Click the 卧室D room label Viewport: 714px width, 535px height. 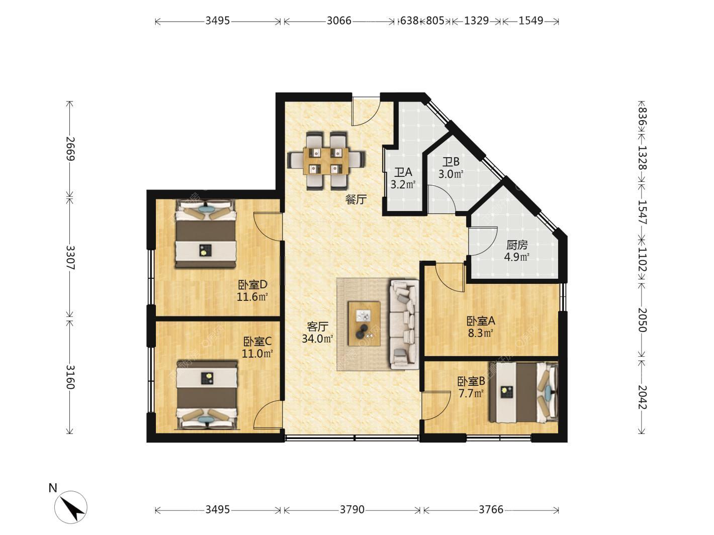(x=252, y=285)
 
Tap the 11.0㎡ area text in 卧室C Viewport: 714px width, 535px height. (x=257, y=354)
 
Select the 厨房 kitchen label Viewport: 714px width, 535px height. (x=517, y=245)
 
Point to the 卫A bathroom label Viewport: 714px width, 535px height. (x=403, y=172)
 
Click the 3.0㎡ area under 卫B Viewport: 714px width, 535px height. (x=451, y=174)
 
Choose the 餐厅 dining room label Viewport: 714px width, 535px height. (x=356, y=199)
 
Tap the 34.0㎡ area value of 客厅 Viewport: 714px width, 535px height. (x=317, y=339)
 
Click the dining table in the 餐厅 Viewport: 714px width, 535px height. (x=326, y=160)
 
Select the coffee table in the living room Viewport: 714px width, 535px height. (x=364, y=324)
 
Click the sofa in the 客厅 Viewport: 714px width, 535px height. (x=404, y=325)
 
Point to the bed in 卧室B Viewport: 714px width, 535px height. (x=524, y=392)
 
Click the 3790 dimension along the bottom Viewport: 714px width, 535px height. (x=352, y=510)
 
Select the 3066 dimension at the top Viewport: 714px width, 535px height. (x=339, y=21)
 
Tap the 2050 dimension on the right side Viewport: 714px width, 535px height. (x=642, y=320)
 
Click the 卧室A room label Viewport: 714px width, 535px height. (x=481, y=321)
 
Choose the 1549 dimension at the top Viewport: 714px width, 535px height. (x=531, y=21)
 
